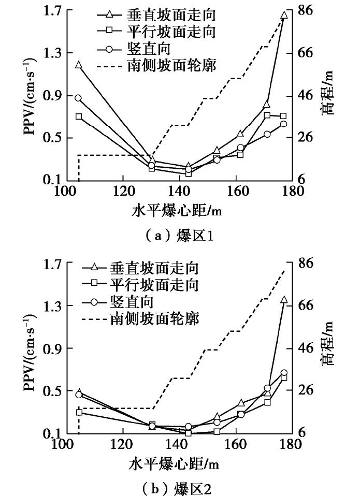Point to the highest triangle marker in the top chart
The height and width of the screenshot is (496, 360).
click(283, 15)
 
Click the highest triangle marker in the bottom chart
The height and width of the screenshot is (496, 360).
click(284, 299)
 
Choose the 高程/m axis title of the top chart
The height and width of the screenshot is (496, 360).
click(327, 96)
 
